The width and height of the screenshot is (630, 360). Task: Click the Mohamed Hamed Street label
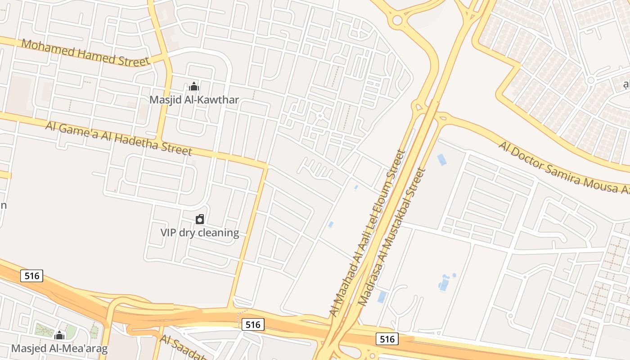point(85,53)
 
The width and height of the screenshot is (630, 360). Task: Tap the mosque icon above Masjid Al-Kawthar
point(194,86)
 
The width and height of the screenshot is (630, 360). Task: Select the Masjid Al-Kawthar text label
point(194,100)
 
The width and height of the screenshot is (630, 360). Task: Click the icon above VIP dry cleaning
point(200,219)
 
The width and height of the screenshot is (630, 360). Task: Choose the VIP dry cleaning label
point(200,233)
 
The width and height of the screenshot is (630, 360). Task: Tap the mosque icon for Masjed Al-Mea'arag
point(59,335)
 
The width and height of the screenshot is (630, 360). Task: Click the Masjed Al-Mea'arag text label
point(59,348)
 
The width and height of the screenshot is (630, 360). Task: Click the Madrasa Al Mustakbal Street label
point(391,237)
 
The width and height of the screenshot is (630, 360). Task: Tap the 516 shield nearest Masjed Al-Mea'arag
point(32,275)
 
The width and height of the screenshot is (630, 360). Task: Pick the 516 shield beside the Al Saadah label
point(253,324)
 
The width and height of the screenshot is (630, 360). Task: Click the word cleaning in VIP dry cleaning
point(218,233)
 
